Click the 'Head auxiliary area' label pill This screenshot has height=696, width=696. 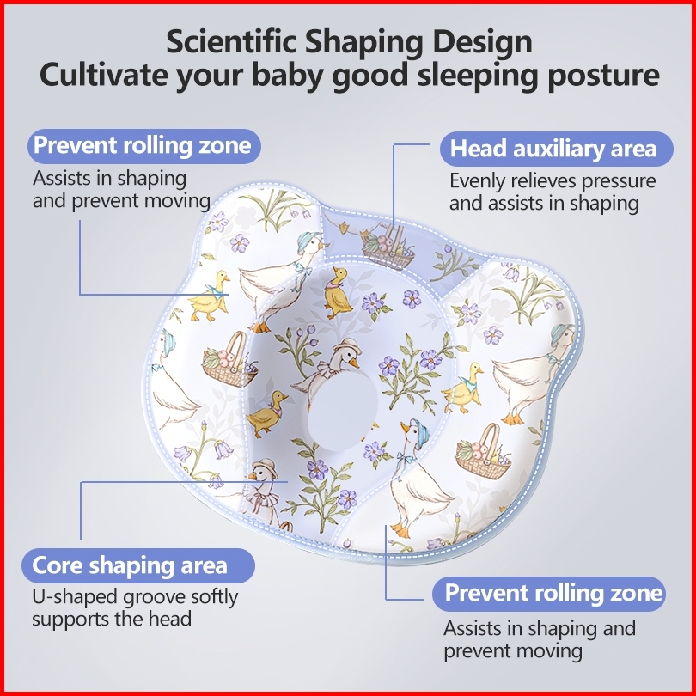(x=553, y=149)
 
